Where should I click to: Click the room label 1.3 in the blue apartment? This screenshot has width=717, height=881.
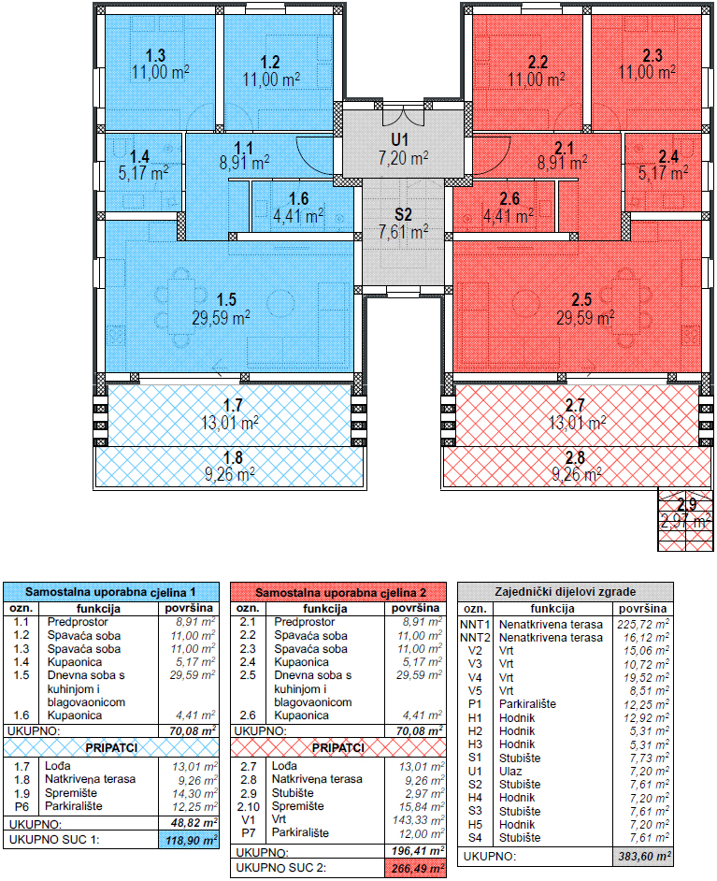[x=155, y=55]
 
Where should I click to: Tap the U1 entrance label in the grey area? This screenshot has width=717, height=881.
[x=400, y=139]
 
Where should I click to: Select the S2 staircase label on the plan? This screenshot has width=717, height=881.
[x=403, y=214]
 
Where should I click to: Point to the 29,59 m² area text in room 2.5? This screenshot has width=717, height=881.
[x=585, y=318]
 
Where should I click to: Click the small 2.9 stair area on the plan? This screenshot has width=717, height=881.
[x=685, y=520]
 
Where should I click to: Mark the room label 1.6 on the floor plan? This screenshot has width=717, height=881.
[x=299, y=199]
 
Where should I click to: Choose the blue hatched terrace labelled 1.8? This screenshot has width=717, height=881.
[x=230, y=467]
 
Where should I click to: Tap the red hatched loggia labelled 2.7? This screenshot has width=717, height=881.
[x=577, y=414]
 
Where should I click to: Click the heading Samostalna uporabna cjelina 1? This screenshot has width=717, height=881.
[x=110, y=592]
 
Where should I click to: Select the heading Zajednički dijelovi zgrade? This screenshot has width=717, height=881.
[x=566, y=592]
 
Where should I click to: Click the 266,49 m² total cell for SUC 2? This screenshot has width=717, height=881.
[x=416, y=868]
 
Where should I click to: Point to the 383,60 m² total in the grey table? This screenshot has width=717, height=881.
[x=643, y=857]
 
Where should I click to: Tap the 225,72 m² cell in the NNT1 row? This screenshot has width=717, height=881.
[x=643, y=624]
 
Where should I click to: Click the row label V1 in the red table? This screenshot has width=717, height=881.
[x=248, y=820]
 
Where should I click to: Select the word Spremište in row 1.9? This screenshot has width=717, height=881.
[x=71, y=793]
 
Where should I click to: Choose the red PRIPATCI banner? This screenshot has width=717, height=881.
[x=338, y=748]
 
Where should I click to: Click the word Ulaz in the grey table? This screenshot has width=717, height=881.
[x=510, y=772]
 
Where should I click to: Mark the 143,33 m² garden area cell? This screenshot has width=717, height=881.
[x=418, y=820]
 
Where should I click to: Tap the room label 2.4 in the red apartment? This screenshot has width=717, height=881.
[x=668, y=156]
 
